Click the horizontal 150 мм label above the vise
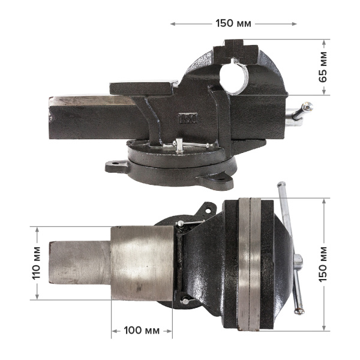(x=233, y=23)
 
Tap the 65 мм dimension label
(x=323, y=67)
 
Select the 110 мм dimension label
(x=36, y=263)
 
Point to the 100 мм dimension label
(x=142, y=331)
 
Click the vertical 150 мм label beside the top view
(x=323, y=264)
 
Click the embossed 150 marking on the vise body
(x=188, y=118)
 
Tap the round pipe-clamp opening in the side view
(x=233, y=77)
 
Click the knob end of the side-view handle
(x=307, y=107)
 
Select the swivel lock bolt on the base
(x=179, y=145)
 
